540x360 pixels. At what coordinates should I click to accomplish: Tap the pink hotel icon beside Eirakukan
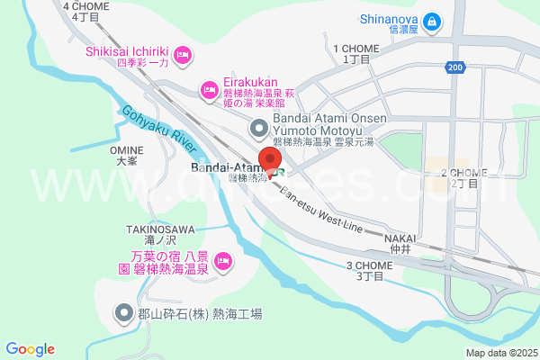click(209, 88)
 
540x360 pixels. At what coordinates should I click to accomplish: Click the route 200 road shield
click(455, 67)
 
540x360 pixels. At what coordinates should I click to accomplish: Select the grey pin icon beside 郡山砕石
click(123, 313)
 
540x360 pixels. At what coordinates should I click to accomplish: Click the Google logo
click(30, 349)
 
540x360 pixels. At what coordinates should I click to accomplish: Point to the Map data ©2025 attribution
click(499, 353)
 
